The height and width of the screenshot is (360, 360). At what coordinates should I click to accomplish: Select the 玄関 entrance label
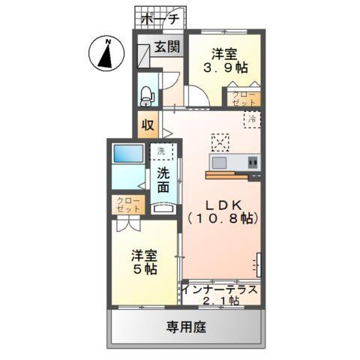166,46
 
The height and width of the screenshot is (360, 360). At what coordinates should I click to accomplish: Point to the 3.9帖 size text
225,66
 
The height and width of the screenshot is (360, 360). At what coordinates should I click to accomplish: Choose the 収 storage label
147,124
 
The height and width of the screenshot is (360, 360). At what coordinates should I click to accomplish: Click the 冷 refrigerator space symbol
252,118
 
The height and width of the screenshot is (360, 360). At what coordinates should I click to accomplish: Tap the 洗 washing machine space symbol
160,151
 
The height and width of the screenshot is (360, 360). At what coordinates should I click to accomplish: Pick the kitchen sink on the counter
222,162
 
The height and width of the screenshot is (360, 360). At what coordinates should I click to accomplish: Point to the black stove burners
253,162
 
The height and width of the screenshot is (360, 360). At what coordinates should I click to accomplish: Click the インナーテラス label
221,289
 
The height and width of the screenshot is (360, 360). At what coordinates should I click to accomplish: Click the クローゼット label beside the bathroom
125,204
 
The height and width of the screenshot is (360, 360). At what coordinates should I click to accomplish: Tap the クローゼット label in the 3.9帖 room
244,98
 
